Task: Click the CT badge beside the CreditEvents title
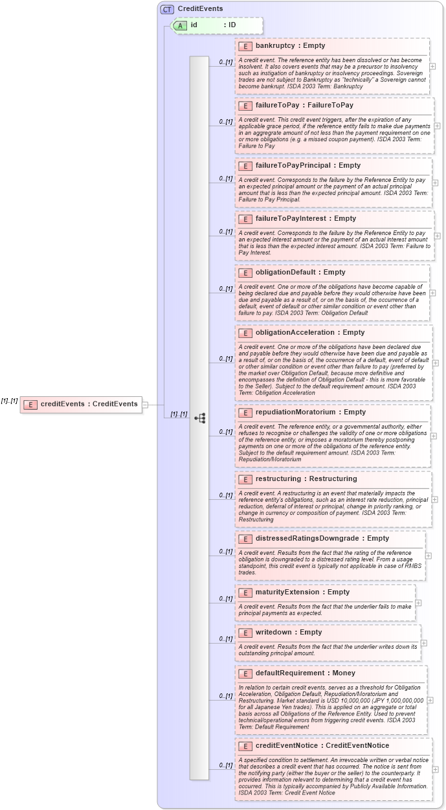click(167, 9)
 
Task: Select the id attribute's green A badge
click(179, 25)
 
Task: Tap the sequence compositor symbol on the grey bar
click(199, 418)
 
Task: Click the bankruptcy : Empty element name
click(290, 46)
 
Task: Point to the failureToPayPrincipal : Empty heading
click(308, 165)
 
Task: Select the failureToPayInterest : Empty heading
click(306, 219)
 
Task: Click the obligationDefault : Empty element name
click(300, 272)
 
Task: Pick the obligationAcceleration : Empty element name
click(310, 332)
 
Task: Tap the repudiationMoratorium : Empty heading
click(311, 412)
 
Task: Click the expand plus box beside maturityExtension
click(418, 603)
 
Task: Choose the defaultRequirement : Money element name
click(306, 673)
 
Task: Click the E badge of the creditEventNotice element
click(245, 746)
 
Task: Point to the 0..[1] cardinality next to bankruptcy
click(225, 62)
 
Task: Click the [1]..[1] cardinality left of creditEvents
click(9, 401)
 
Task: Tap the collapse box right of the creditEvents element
click(145, 405)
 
